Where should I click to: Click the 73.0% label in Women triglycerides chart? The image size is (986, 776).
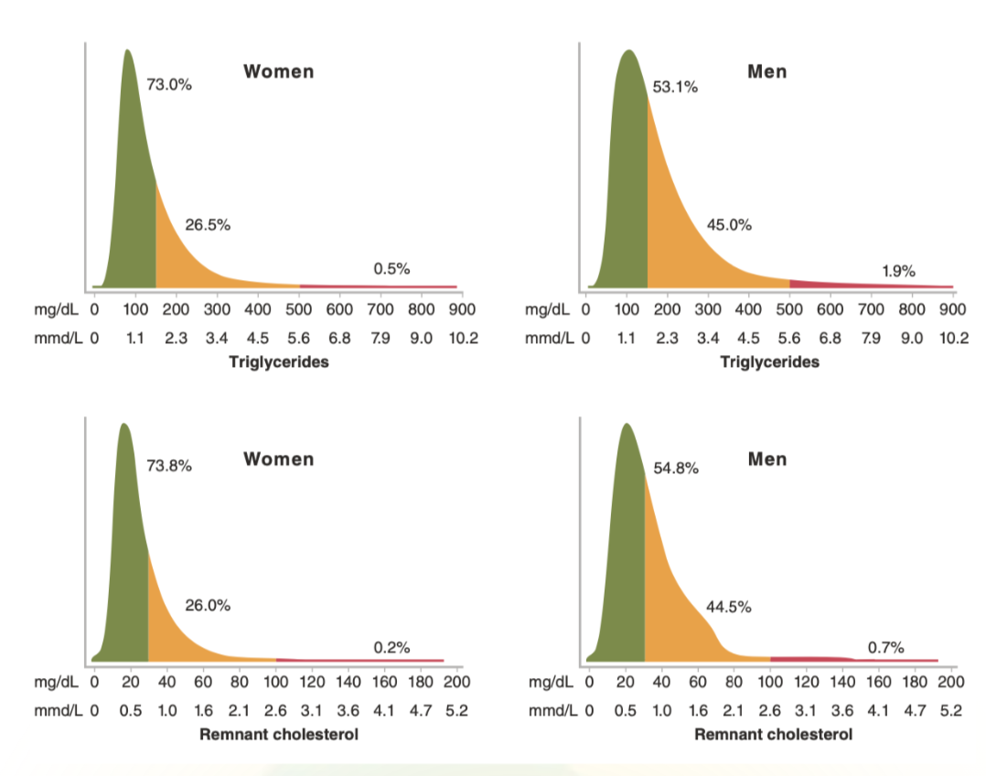point(169,85)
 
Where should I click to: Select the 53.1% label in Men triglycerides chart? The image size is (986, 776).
point(676,88)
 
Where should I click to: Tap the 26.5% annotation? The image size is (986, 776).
point(208,225)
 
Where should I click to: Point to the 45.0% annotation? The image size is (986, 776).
point(729,225)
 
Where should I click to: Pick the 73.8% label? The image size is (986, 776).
point(169,465)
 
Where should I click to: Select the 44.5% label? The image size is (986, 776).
point(729,606)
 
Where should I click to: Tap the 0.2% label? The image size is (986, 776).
point(391,648)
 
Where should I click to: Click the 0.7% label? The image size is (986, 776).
point(886,648)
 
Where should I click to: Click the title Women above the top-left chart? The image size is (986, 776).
point(278,71)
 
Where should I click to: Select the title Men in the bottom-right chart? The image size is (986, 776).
point(766,458)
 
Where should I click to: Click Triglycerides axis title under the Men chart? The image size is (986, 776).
point(770,361)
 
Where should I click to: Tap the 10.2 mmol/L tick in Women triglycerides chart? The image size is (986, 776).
point(462,339)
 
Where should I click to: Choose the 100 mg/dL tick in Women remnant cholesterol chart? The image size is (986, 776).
point(275,682)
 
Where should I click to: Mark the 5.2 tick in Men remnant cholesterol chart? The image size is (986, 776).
point(951,710)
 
